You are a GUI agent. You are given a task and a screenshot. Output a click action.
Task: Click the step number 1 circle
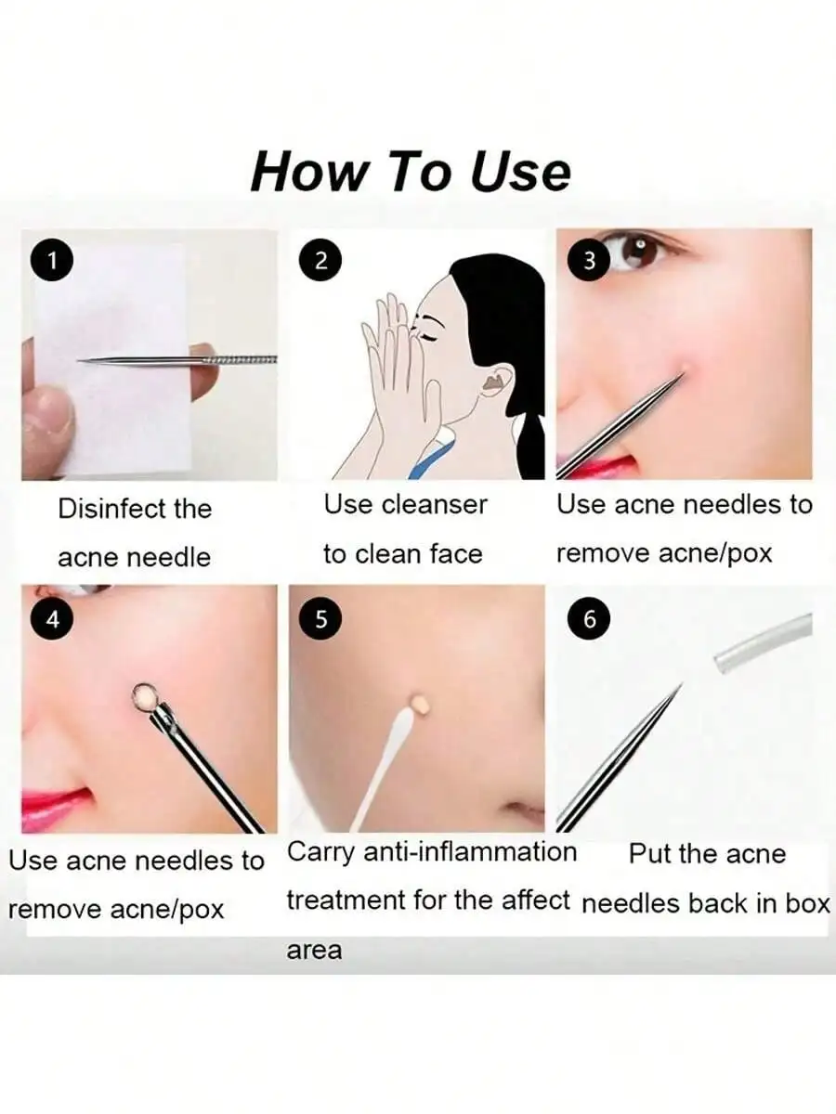(53, 262)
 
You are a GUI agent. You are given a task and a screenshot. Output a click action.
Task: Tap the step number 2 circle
(320, 262)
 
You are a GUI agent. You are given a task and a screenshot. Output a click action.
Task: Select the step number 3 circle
(589, 262)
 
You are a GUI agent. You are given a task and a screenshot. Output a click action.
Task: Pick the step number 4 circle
(53, 619)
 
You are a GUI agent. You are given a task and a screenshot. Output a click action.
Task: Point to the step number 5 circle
(320, 619)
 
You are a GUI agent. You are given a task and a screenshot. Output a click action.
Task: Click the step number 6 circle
(589, 619)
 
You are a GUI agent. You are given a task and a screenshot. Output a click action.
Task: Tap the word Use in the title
(520, 172)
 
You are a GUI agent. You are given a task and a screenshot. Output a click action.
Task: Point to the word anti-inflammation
(469, 852)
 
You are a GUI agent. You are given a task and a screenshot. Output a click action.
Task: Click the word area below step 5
(314, 951)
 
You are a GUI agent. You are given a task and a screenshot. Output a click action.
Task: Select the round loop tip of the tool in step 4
(144, 696)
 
